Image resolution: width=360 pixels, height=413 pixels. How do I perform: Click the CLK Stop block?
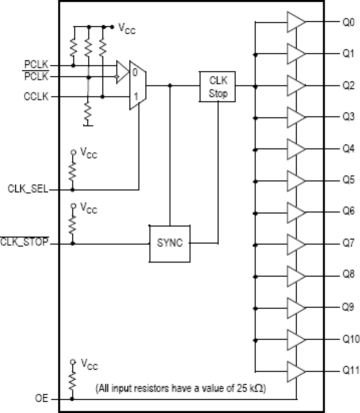pyautogui.click(x=217, y=87)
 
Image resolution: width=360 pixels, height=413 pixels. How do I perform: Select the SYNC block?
pyautogui.click(x=170, y=243)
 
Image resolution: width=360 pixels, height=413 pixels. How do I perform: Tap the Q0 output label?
pyautogui.click(x=349, y=22)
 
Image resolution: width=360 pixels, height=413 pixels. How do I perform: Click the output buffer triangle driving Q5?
pyautogui.click(x=296, y=181)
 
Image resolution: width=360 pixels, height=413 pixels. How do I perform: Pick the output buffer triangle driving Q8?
pyautogui.click(x=296, y=277)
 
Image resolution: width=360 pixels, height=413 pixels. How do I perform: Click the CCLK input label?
pyautogui.click(x=36, y=97)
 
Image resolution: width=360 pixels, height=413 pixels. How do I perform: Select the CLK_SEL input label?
pyautogui.click(x=28, y=189)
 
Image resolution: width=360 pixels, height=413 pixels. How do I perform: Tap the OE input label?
pyautogui.click(x=42, y=399)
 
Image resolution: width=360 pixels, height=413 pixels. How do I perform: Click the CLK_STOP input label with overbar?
pyautogui.click(x=25, y=242)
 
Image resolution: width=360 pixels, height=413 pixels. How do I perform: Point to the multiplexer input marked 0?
pyautogui.click(x=135, y=73)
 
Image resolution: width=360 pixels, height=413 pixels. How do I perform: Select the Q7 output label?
pyautogui.click(x=349, y=243)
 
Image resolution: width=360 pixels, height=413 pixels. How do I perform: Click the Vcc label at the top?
pyautogui.click(x=127, y=29)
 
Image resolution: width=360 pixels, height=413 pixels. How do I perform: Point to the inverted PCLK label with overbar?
pyautogui.click(x=36, y=77)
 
